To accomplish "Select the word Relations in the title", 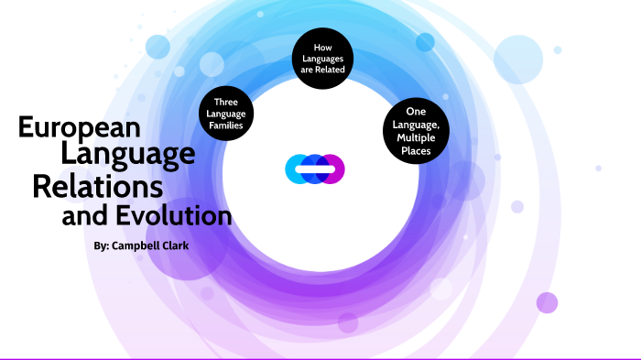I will tap(98, 186).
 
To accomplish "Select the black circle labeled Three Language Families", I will tap(226, 113).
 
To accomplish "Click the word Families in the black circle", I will tap(226, 125).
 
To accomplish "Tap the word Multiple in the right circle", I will tap(417, 136).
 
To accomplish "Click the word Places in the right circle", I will tap(417, 148).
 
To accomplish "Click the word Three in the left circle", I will tap(226, 101).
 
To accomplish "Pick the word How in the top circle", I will tap(322, 47).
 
